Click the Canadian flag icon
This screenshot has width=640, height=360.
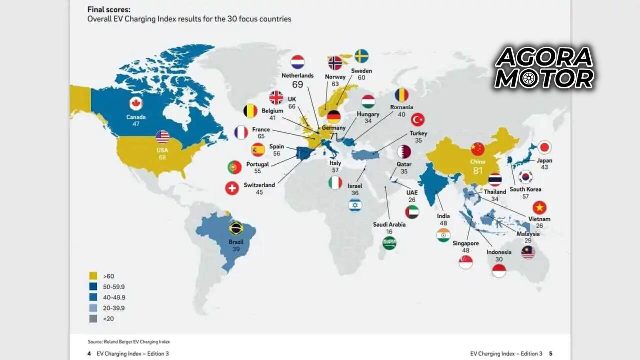[136, 104]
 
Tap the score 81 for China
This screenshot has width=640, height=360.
[478, 171]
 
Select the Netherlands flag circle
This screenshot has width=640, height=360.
[298, 62]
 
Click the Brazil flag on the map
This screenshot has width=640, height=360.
[236, 228]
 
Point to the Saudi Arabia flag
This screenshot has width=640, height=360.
[389, 243]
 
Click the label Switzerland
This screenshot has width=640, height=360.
[259, 185]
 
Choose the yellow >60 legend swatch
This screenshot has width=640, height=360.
[93, 276]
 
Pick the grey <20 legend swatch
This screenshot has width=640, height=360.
[93, 319]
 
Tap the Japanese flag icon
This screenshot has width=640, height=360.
[545, 147]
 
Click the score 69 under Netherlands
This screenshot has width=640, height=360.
[297, 85]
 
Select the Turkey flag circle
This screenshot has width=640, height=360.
[418, 119]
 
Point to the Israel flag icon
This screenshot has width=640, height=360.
[355, 205]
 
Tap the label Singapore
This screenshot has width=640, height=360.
[465, 243]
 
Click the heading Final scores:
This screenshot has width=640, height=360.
[109, 9]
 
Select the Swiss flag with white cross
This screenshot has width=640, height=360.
[232, 188]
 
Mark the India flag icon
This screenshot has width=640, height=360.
[443, 235]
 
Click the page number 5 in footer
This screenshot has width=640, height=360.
[551, 353]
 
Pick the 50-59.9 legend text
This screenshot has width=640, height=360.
[114, 287]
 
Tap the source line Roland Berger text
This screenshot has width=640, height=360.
[129, 342]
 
